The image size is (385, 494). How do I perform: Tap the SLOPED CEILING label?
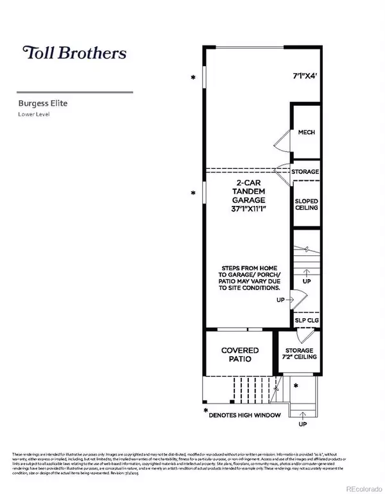pyautogui.click(x=306, y=205)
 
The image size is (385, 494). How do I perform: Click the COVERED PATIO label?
pyautogui.click(x=240, y=355)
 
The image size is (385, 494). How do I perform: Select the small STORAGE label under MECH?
pyautogui.click(x=305, y=172)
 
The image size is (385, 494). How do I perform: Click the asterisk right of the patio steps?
pyautogui.click(x=295, y=386)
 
